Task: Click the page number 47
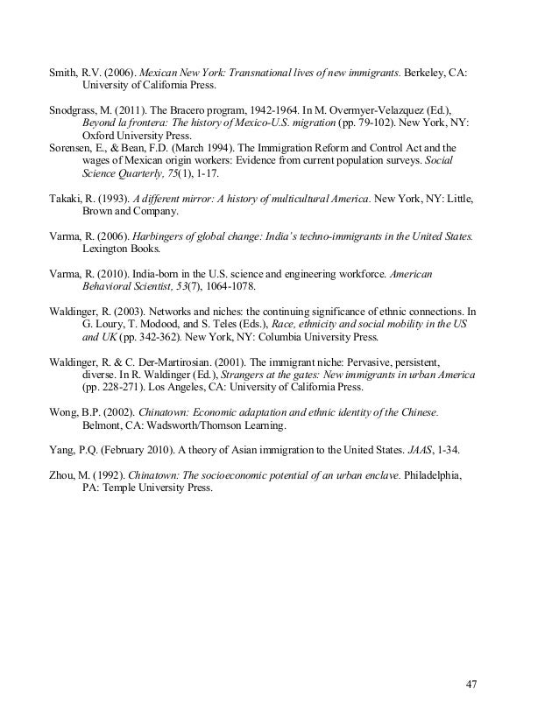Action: pos(471,684)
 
